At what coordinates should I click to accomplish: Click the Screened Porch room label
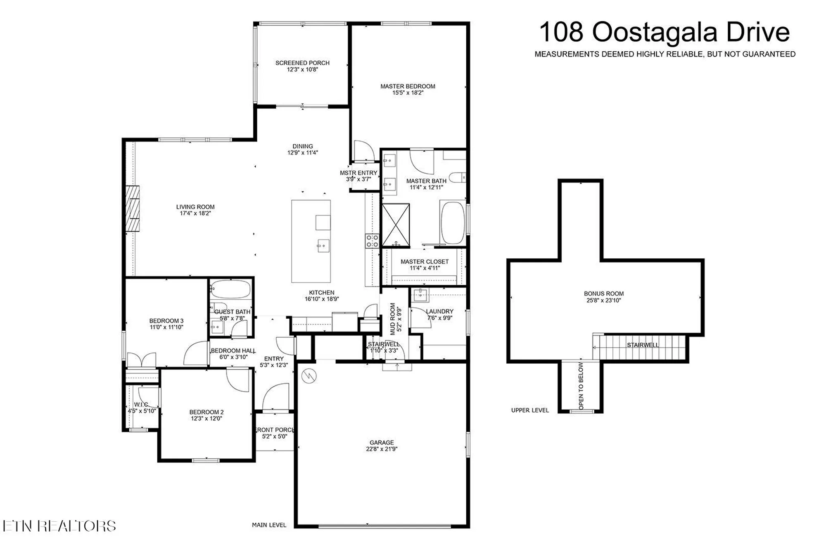(302, 63)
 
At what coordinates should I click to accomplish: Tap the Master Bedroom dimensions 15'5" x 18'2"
(408, 93)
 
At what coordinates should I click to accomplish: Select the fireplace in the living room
(133, 209)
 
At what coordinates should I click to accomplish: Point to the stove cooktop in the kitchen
(372, 241)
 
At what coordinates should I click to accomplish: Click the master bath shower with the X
(396, 226)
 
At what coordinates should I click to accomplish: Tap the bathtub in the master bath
(453, 223)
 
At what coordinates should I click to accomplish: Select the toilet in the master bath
(457, 178)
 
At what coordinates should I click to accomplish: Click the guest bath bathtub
(230, 289)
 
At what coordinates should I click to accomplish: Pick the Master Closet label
(425, 262)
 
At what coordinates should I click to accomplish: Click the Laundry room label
(439, 311)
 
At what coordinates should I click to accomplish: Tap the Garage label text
(382, 442)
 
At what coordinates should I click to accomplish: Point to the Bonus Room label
(603, 293)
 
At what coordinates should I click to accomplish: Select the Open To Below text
(581, 386)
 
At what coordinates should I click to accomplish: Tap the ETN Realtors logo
(59, 526)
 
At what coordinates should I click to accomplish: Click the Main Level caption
(269, 525)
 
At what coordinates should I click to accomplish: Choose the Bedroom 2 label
(206, 412)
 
